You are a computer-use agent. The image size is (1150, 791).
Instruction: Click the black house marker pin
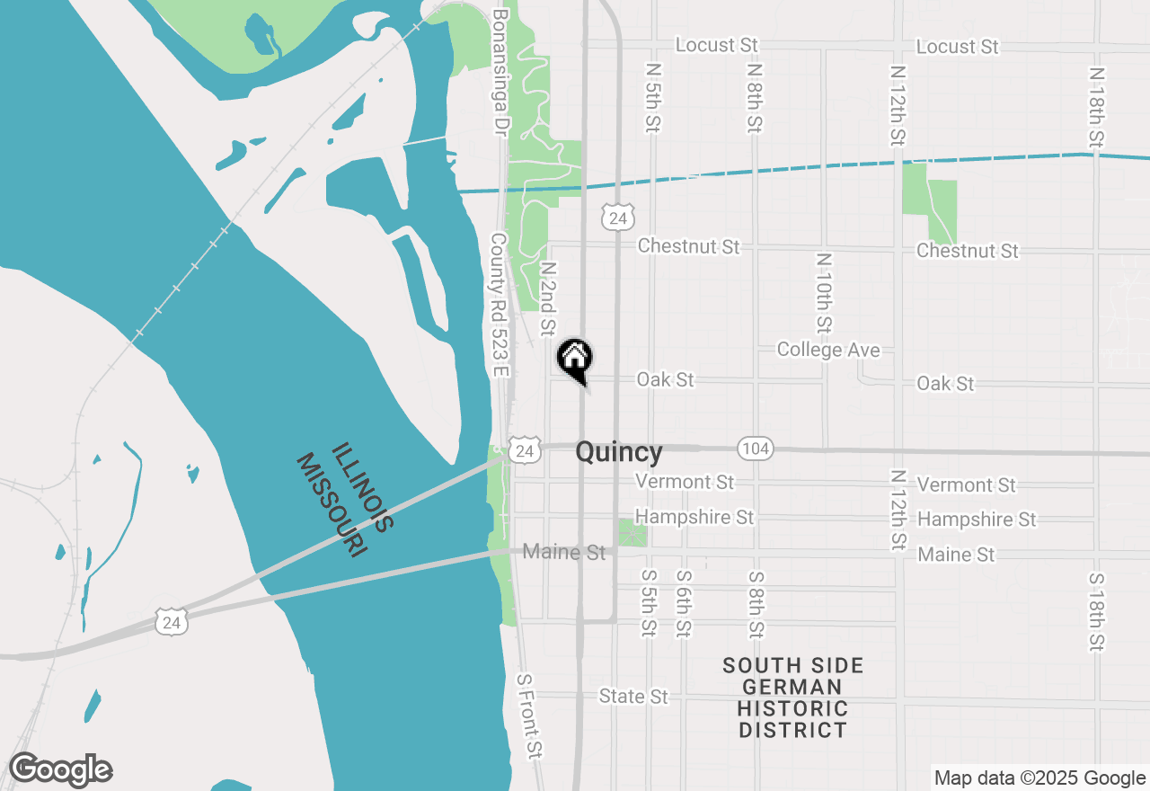575,358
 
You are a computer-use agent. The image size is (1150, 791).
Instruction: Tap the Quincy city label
619,452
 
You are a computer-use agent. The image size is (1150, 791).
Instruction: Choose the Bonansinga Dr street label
500,72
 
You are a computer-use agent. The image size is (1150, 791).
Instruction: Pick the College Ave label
828,350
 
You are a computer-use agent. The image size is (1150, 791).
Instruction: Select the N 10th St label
823,293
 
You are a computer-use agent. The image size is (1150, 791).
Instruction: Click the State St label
634,697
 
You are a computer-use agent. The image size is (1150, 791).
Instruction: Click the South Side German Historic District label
793,698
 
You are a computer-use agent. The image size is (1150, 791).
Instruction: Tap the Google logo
60,770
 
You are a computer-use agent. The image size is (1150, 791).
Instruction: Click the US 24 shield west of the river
171,621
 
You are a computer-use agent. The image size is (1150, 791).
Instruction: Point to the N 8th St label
755,98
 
